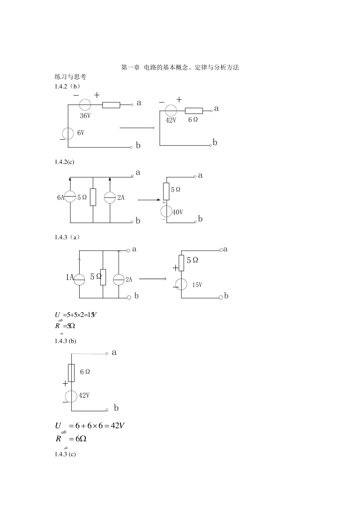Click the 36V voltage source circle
click(85, 105)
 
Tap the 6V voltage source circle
click(68, 133)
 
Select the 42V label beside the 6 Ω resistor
click(171, 120)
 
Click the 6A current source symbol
click(70, 197)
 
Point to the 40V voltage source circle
click(166, 211)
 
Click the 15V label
click(197, 285)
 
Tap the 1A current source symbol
click(79, 279)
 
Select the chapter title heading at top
click(180, 67)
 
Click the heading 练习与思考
click(70, 77)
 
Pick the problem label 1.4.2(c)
click(64, 162)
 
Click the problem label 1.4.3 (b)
click(65, 341)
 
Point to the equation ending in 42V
click(90, 426)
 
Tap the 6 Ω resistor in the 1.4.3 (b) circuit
click(71, 373)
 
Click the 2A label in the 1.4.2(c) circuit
click(121, 197)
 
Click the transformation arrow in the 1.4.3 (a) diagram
click(152, 279)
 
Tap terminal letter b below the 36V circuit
click(138, 146)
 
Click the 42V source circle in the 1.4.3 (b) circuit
click(71, 396)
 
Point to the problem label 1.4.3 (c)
click(65, 454)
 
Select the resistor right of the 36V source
click(111, 105)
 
